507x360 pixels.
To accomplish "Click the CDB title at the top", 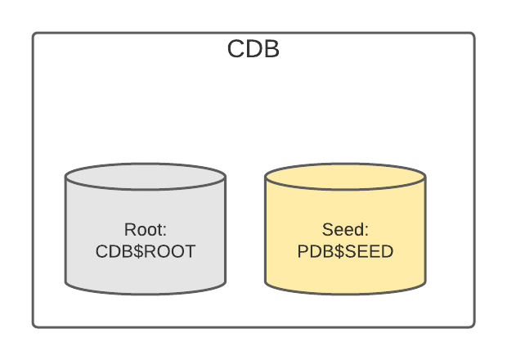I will tap(253, 50).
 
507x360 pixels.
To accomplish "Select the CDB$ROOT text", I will tap(146, 251).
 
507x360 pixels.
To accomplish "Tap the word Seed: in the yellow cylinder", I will tap(345, 229).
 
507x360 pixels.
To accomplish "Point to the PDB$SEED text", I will tap(345, 251).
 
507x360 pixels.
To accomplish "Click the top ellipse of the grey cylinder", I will tap(146, 176).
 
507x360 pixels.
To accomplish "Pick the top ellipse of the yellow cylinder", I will tap(345, 176).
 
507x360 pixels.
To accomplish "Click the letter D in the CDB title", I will tap(253, 50).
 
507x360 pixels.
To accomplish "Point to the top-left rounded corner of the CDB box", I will tap(35, 35).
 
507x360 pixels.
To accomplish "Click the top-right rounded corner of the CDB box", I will tap(472, 35).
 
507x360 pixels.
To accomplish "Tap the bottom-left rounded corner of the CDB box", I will tap(35, 325).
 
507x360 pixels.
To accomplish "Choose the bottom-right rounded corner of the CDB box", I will tap(472, 325).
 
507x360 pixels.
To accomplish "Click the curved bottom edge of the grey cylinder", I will tap(146, 292).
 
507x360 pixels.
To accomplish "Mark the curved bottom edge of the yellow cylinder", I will tap(345, 292).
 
